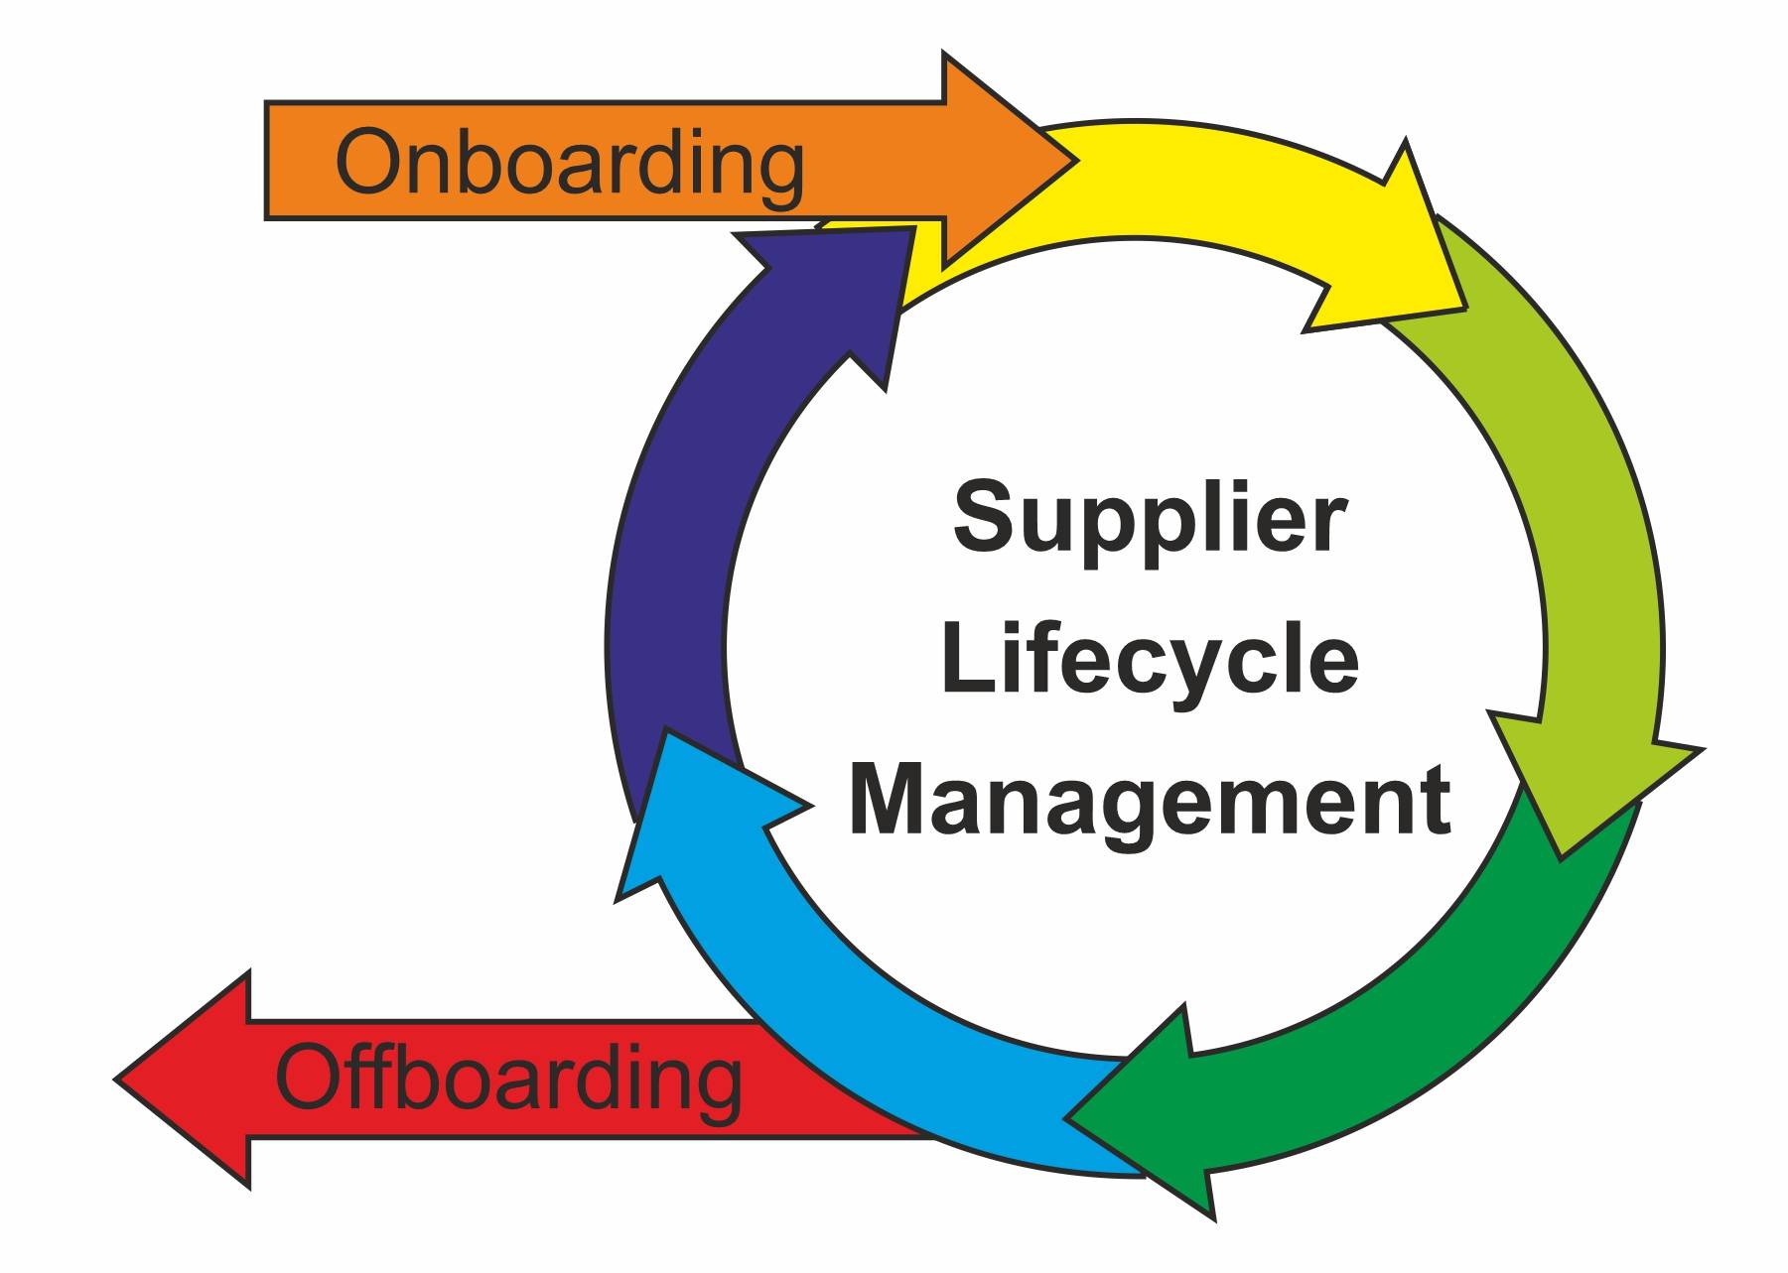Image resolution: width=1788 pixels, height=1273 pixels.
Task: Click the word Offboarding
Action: pyautogui.click(x=507, y=1080)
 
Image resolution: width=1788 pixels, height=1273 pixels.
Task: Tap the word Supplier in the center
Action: pyautogui.click(x=1149, y=518)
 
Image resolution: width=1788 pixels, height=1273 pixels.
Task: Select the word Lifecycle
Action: pyautogui.click(x=1149, y=660)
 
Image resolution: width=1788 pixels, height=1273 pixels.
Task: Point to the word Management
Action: pyautogui.click(x=1149, y=802)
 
